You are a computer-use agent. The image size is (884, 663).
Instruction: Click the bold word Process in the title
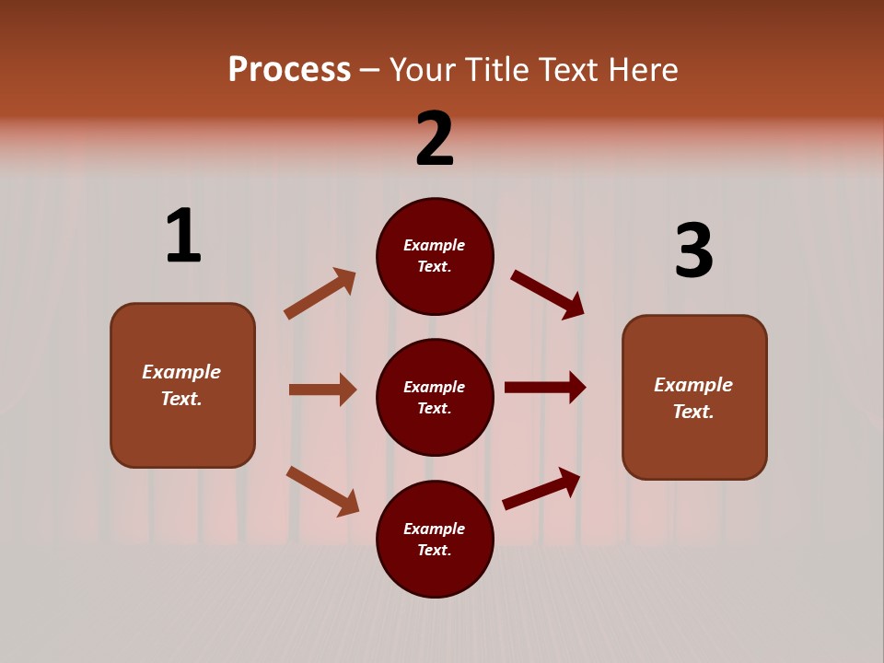[x=289, y=70]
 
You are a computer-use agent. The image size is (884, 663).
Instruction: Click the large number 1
[x=183, y=236]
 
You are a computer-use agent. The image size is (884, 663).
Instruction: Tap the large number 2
[x=435, y=139]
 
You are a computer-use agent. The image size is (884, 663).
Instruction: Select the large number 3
[x=693, y=250]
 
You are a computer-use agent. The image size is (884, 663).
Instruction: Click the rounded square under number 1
[x=182, y=385]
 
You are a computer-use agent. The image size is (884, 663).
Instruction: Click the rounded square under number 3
[x=694, y=398]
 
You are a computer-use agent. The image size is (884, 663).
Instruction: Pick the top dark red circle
[x=435, y=256]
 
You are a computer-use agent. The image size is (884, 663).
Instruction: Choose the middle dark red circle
[x=435, y=397]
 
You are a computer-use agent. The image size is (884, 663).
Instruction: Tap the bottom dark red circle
[x=435, y=539]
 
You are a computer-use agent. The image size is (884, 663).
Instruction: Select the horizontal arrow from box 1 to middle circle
[x=322, y=390]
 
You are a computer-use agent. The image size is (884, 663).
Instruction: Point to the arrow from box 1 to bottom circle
[x=322, y=491]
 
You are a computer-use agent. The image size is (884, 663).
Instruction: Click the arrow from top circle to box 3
[x=547, y=294]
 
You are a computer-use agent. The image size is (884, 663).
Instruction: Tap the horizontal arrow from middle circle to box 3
[x=545, y=388]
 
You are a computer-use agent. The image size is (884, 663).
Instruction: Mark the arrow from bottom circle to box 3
[x=541, y=489]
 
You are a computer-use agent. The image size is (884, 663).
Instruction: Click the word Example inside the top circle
[x=435, y=245]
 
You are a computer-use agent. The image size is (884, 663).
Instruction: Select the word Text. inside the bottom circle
[x=435, y=550]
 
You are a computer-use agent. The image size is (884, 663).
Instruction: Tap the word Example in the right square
[x=693, y=385]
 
